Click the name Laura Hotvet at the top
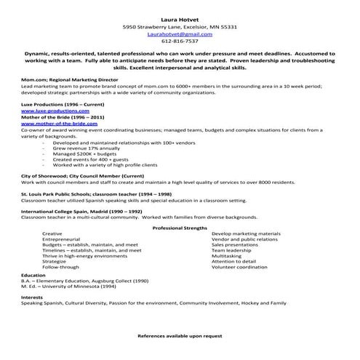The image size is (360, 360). tap(180, 17)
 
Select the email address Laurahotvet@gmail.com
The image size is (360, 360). tap(180, 33)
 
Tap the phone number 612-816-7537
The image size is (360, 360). tap(180, 41)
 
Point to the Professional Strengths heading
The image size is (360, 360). tap(180, 228)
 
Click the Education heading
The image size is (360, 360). tap(33, 276)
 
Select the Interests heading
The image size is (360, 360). tap(32, 297)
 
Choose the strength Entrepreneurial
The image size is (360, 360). tap(61, 239)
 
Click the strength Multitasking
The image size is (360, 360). tap(227, 256)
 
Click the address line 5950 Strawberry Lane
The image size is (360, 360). tap(180, 26)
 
